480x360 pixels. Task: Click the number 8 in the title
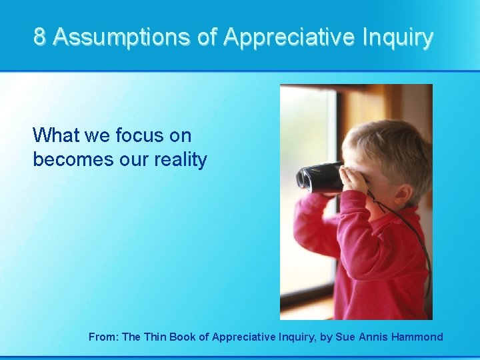pyautogui.click(x=40, y=37)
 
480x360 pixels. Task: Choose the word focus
pyautogui.click(x=140, y=136)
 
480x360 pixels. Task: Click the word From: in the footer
pyautogui.click(x=103, y=337)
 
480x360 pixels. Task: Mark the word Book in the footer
pyautogui.click(x=183, y=337)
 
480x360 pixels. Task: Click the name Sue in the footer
pyautogui.click(x=347, y=337)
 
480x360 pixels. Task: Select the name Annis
pyautogui.click(x=375, y=337)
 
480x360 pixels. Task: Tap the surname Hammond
pyautogui.click(x=417, y=337)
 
